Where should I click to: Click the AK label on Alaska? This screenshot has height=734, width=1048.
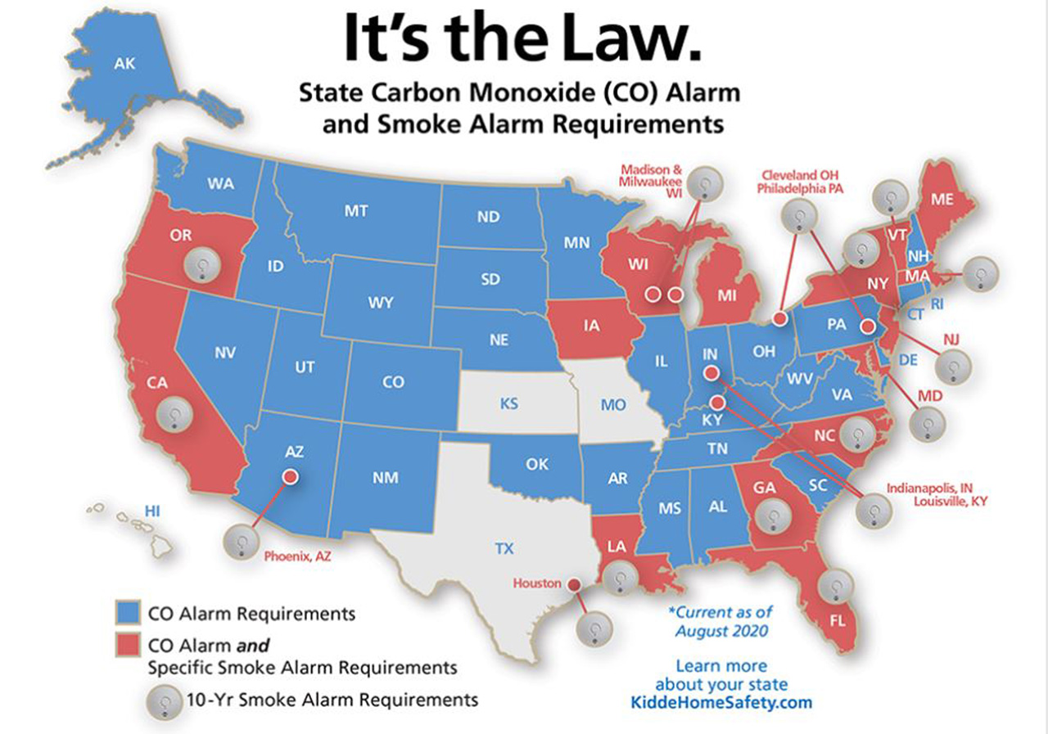(126, 64)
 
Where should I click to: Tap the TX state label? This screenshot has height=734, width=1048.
(504, 547)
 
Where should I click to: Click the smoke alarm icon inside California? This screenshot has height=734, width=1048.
(174, 414)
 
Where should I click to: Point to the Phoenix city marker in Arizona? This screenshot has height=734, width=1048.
(289, 475)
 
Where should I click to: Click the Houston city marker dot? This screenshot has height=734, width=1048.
(574, 584)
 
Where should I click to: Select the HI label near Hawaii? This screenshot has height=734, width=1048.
(151, 511)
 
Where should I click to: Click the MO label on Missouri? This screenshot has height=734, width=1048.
(613, 404)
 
